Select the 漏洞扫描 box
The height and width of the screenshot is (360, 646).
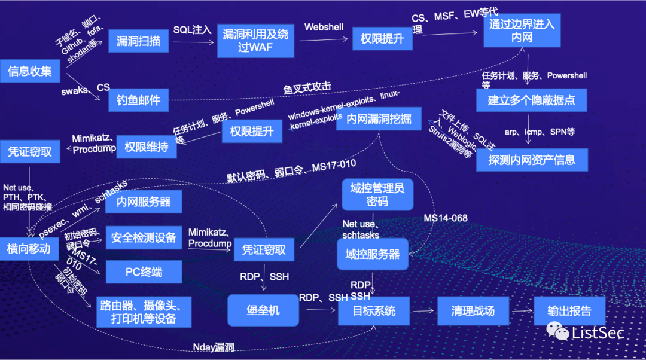(138, 41)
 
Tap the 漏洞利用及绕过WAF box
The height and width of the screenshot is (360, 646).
(255, 41)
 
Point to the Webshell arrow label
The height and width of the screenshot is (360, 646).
(324, 27)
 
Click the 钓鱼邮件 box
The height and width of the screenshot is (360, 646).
(139, 100)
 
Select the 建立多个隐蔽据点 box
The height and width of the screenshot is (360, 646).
(531, 100)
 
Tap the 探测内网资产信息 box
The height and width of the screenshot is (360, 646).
(531, 160)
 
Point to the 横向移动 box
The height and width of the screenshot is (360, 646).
(29, 248)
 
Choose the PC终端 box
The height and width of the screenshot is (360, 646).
(144, 272)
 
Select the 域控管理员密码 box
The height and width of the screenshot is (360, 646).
(377, 195)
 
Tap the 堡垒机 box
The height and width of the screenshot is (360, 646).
(263, 310)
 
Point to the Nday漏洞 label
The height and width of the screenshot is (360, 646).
(214, 347)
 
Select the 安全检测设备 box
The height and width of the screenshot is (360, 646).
(144, 237)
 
